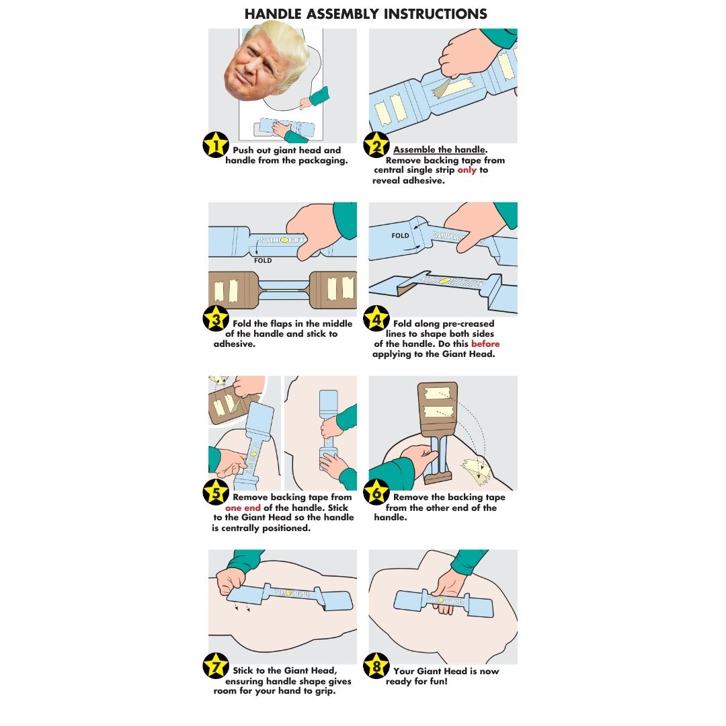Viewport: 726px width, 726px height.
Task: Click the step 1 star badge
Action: (216, 145)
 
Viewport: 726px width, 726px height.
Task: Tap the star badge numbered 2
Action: (376, 145)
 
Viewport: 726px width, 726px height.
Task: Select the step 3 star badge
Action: (216, 319)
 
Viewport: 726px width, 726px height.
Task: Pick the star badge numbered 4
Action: (376, 319)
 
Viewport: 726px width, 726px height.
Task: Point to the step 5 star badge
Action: (216, 492)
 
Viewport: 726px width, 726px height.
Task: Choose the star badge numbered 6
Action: (376, 492)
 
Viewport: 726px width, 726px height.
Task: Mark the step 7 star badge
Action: (216, 665)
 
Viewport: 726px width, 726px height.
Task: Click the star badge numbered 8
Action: (376, 665)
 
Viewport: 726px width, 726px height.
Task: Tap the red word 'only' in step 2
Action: (467, 170)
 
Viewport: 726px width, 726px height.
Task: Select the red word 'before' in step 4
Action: (485, 344)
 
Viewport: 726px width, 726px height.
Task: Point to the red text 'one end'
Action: (243, 508)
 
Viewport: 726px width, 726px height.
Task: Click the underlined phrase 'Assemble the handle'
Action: (440, 149)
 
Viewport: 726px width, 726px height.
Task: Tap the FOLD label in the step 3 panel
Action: (263, 261)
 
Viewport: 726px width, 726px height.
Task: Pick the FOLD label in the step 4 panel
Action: (401, 235)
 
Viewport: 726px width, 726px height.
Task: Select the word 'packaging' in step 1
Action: (323, 161)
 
